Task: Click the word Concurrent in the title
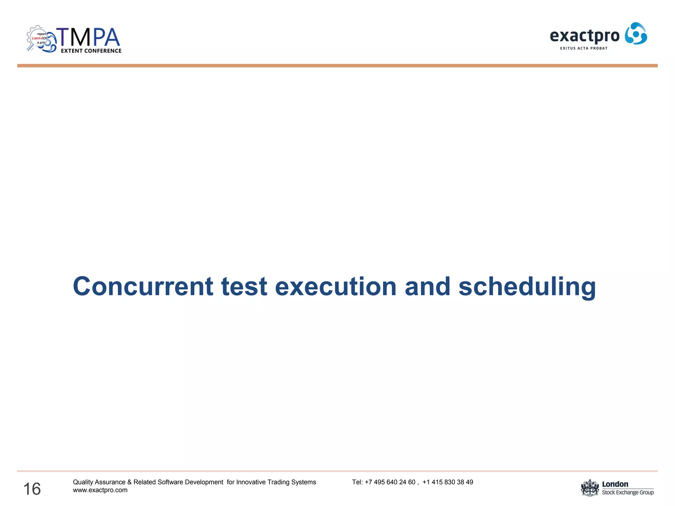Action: [x=143, y=286]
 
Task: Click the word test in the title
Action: [x=244, y=286]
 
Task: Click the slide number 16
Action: [x=32, y=489]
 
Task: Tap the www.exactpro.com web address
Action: [x=100, y=490]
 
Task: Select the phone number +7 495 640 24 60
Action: [x=390, y=482]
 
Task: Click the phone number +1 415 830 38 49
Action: [x=448, y=482]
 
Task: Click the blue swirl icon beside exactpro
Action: [x=636, y=34]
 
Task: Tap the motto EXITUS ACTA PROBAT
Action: [x=584, y=48]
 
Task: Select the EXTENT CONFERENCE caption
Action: [x=91, y=51]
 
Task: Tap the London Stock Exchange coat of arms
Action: [x=590, y=488]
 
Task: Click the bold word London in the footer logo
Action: [x=615, y=484]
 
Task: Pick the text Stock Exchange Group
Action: [x=628, y=492]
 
